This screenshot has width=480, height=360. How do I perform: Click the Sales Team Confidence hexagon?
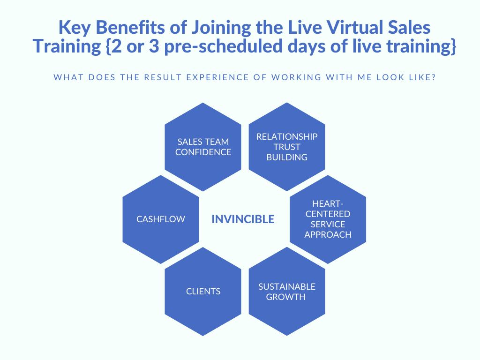tap(203, 147)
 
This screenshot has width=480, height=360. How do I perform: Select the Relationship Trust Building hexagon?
tap(287, 147)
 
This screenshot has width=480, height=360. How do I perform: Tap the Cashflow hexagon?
tap(161, 219)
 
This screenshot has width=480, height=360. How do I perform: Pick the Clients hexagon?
tap(203, 292)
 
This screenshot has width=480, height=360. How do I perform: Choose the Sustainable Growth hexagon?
tap(287, 292)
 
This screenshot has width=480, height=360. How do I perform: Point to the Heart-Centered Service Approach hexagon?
tap(328, 219)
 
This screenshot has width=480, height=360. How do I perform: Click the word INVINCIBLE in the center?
tap(243, 219)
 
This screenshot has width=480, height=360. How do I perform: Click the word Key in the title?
tap(75, 28)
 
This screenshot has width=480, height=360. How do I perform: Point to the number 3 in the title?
tap(154, 46)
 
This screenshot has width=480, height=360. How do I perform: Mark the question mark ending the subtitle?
tap(433, 77)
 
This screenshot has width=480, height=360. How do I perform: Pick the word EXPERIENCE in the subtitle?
tap(217, 77)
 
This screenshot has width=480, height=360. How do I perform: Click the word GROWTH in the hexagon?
tap(285, 297)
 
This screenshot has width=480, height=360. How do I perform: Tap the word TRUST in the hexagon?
tap(287, 147)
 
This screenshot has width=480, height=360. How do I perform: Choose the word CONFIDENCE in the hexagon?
tap(203, 152)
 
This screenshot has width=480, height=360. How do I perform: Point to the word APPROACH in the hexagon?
tap(328, 235)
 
